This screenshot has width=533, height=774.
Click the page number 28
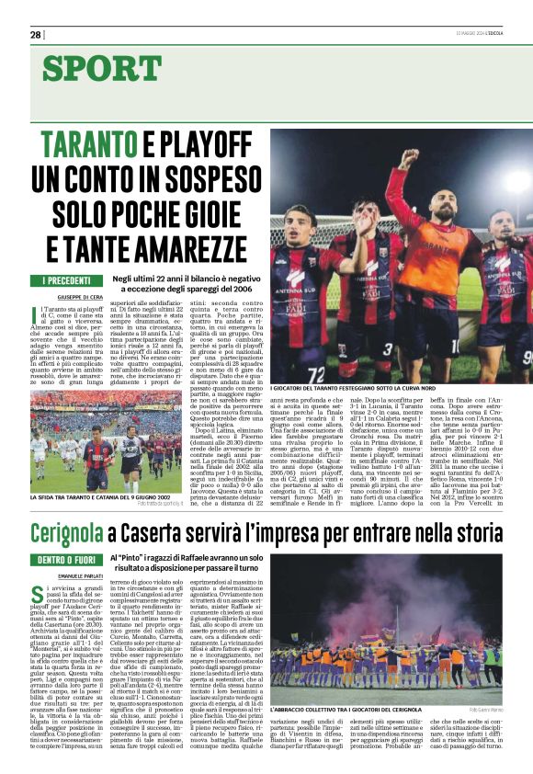click(x=36, y=35)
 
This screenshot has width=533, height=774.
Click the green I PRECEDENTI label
click(x=65, y=279)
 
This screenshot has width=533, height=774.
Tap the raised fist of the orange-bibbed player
click(x=407, y=156)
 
